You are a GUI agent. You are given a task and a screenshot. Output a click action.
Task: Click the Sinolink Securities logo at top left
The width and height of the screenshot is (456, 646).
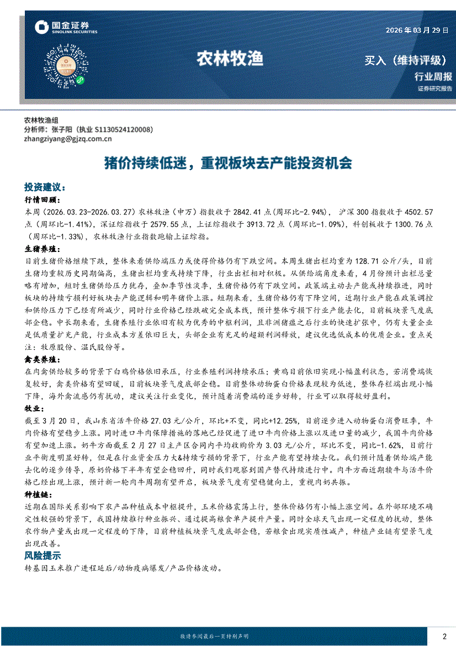[x=66, y=28]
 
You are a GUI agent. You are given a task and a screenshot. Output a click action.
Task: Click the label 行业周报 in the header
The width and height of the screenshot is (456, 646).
[x=433, y=77]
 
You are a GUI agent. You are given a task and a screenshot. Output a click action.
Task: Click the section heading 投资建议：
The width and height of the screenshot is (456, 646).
[x=45, y=187]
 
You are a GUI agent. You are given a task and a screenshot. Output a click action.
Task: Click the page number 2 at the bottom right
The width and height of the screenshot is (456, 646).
[x=444, y=636]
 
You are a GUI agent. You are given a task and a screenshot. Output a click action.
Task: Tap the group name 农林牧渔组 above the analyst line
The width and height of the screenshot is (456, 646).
[x=41, y=120]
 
